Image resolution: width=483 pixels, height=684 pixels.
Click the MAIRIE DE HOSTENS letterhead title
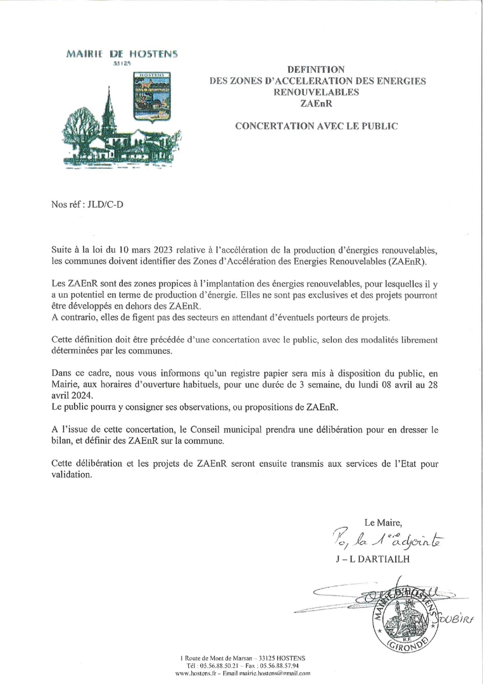[x=122, y=54]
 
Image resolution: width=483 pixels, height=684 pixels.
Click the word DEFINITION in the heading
[x=316, y=69]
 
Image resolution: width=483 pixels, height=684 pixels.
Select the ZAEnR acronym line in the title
[x=316, y=103]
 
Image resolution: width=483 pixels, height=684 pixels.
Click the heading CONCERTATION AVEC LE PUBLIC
[x=316, y=126]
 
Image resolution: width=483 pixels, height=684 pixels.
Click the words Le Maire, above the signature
[x=383, y=522]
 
